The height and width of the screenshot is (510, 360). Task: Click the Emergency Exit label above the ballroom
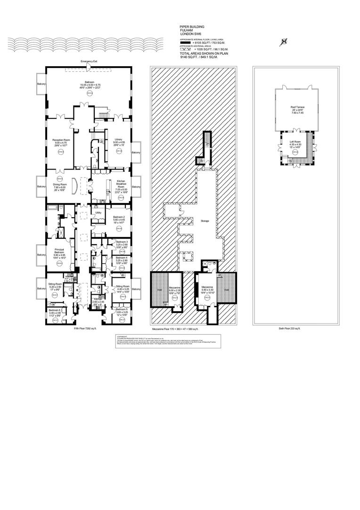coord(89,61)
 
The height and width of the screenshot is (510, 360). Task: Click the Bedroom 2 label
coord(118,217)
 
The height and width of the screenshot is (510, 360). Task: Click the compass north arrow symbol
coord(284,42)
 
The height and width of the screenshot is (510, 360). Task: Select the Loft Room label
coord(295,144)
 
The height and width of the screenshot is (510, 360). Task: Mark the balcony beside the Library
coord(136,152)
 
